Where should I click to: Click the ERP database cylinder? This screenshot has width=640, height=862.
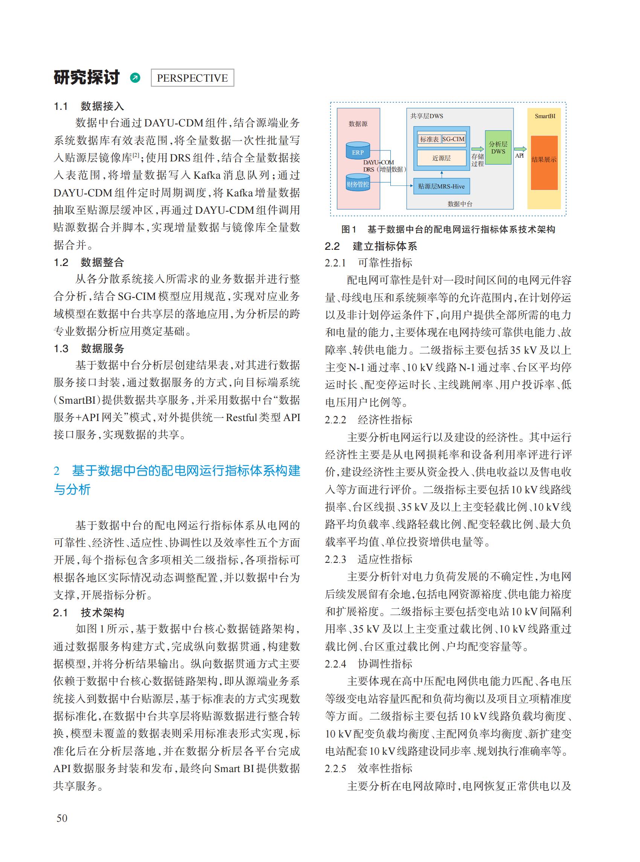click(x=358, y=151)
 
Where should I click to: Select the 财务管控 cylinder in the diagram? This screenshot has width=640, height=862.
click(x=358, y=183)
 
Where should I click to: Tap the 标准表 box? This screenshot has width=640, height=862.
click(x=429, y=139)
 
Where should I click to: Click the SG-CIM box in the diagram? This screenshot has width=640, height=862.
click(x=453, y=139)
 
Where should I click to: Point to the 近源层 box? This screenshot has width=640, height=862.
click(x=441, y=158)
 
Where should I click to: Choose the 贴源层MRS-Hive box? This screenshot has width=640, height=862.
click(x=441, y=186)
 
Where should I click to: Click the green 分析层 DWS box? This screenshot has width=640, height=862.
click(x=498, y=147)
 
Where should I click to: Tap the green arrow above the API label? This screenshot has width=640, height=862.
click(x=520, y=149)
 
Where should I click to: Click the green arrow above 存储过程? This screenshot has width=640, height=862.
click(x=477, y=149)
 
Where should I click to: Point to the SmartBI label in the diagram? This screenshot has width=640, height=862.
click(x=545, y=116)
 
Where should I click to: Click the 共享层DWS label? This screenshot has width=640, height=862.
click(x=427, y=116)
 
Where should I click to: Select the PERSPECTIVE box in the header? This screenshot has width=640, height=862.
click(x=192, y=78)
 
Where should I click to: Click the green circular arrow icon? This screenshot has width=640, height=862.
click(x=135, y=78)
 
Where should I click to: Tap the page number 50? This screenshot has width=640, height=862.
click(x=62, y=818)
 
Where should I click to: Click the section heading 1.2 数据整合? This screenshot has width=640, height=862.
click(x=89, y=263)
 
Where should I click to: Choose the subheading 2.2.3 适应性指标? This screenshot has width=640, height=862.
click(x=369, y=559)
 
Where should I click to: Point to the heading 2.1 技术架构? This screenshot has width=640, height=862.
click(x=89, y=613)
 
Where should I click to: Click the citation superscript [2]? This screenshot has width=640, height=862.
click(x=136, y=155)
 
